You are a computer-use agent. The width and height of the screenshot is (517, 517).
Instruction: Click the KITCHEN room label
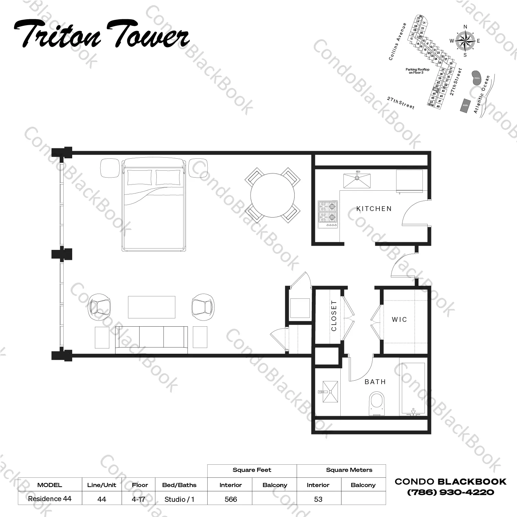pos(374,209)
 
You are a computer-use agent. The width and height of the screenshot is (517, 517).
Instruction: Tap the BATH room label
pos(375,382)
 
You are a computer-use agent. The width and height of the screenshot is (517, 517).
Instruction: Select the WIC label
pos(399,319)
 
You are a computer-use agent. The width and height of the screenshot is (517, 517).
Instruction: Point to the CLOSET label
pos(334,316)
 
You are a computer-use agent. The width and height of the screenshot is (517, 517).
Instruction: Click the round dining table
pos(272,195)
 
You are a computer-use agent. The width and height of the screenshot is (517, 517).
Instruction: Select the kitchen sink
pos(357,181)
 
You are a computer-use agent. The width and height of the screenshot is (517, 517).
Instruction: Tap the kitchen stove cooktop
pos(328,214)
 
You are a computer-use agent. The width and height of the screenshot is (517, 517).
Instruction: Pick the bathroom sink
pos(330,392)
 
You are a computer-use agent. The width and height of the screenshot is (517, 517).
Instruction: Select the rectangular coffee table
pos(152,307)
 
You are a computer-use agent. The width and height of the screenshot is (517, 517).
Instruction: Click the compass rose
pos(465,41)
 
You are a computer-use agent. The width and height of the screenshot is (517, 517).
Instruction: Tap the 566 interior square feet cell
pos(230,499)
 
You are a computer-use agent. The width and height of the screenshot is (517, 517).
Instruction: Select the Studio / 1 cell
pos(179,499)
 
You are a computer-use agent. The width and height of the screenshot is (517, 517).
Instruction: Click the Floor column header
pos(140,485)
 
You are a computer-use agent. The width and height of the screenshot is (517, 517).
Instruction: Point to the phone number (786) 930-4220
pos(450,493)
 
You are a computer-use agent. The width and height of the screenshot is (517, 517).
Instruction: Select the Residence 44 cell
pos(49,499)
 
